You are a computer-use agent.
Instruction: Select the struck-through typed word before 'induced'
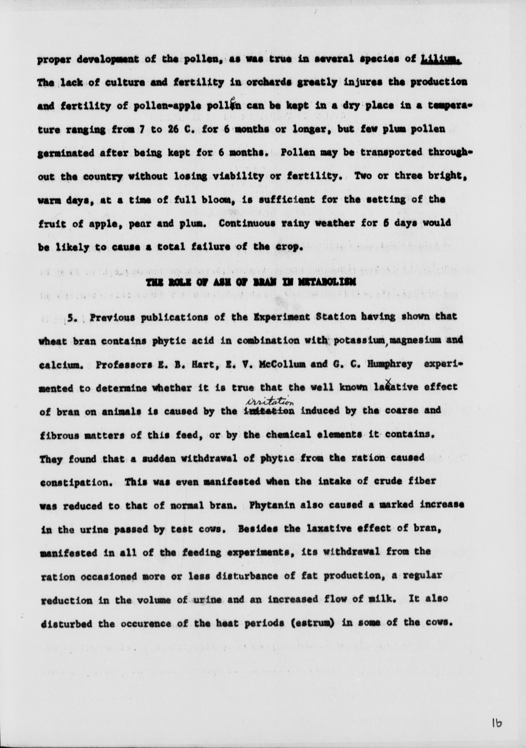point(269,411)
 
